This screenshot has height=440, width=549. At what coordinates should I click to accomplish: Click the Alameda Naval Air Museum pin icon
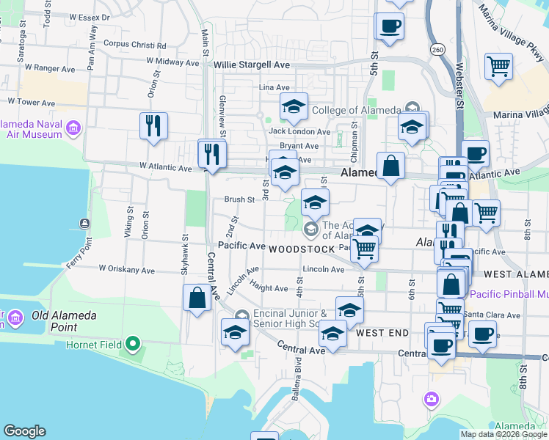click(x=73, y=130)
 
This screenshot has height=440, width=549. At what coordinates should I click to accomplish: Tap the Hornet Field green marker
click(x=133, y=343)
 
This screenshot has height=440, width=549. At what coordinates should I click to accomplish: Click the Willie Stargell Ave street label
click(x=252, y=65)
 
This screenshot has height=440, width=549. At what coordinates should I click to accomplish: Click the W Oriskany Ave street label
click(x=127, y=270)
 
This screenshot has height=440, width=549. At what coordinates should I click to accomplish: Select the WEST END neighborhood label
click(x=382, y=333)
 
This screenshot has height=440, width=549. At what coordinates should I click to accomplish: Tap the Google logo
click(x=24, y=431)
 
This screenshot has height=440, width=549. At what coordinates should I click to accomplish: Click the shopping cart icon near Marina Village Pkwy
click(x=498, y=66)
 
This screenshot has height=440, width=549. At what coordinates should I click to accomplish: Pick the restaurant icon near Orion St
click(x=153, y=125)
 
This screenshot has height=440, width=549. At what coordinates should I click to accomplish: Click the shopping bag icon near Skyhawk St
click(x=197, y=298)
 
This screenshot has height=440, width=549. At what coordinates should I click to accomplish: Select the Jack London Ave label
click(x=299, y=132)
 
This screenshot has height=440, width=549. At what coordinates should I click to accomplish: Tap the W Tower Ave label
click(x=32, y=102)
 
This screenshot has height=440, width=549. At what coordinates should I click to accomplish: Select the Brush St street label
click(x=239, y=199)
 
